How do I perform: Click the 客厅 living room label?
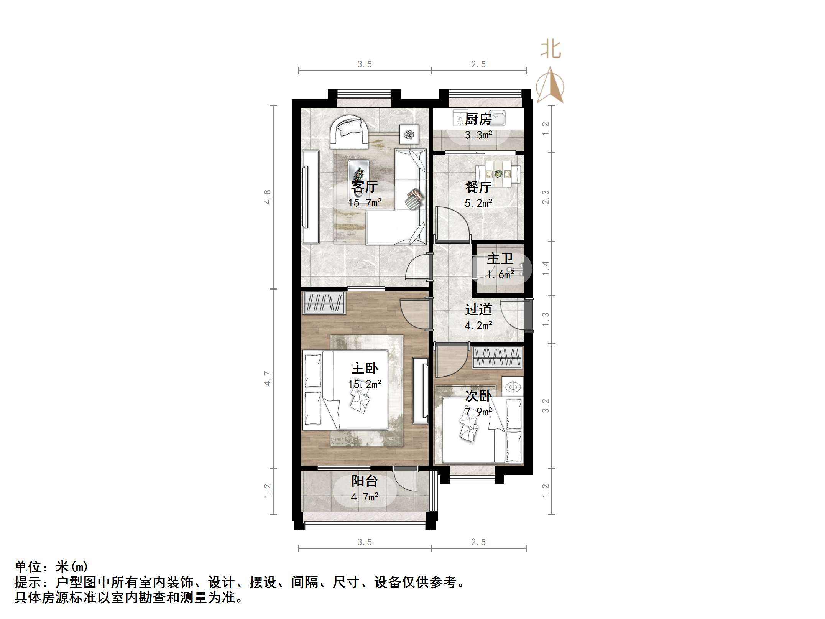pyautogui.click(x=365, y=187)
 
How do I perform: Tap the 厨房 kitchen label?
pyautogui.click(x=478, y=119)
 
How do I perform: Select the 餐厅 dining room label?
pyautogui.click(x=478, y=187)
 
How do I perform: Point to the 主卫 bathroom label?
pyautogui.click(x=500, y=258)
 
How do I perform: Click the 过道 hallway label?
pyautogui.click(x=478, y=309)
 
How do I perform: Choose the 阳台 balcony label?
pyautogui.click(x=365, y=481)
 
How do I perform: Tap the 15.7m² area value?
pyautogui.click(x=365, y=203)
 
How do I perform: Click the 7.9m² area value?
pyautogui.click(x=478, y=412)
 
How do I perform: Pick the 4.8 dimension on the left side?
pyautogui.click(x=268, y=197)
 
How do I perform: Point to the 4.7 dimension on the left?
pyautogui.click(x=268, y=378)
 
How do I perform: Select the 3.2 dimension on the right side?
pyautogui.click(x=546, y=406)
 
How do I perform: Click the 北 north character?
pyautogui.click(x=551, y=50)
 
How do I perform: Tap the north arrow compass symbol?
pyautogui.click(x=550, y=86)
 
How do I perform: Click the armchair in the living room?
pyautogui.click(x=81, y=132)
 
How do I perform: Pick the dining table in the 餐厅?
pyautogui.click(x=498, y=174)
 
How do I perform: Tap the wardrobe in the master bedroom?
pyautogui.click(x=324, y=303)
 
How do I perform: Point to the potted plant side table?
pyautogui.click(x=409, y=134)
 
